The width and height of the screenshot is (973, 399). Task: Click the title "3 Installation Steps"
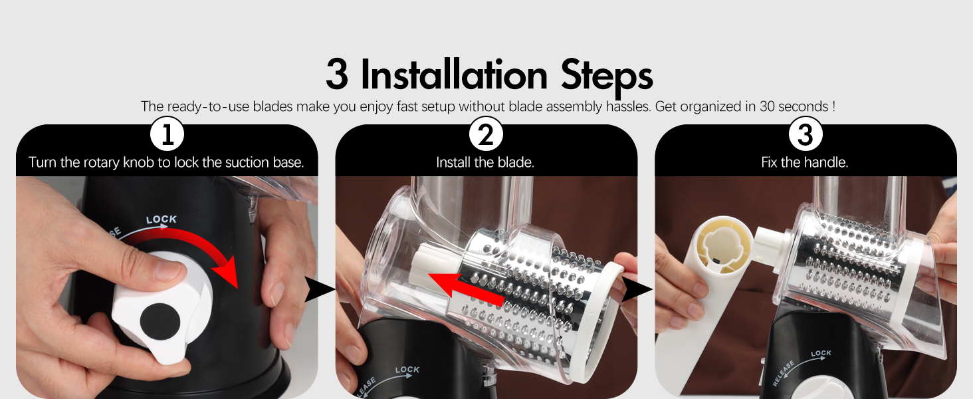(488, 75)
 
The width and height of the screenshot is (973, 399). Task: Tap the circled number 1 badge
(167, 136)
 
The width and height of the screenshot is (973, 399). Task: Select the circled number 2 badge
(486, 136)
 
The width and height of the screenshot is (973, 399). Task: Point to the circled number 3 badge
(805, 136)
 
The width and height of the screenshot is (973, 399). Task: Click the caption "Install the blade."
(485, 162)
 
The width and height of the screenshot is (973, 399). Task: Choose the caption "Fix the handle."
(804, 162)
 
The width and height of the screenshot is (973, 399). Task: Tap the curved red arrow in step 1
(199, 249)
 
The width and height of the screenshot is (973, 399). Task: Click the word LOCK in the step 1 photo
(161, 219)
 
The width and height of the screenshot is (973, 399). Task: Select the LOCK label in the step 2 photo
(407, 370)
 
